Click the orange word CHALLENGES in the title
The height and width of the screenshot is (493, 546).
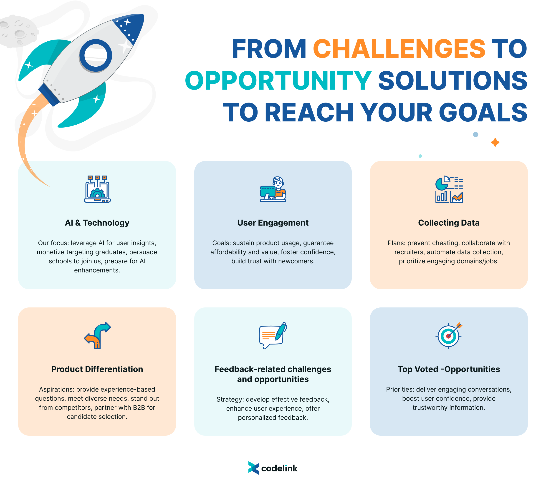(399, 49)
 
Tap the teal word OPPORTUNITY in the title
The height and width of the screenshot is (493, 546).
(278, 81)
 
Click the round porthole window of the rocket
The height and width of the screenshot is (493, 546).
(96, 55)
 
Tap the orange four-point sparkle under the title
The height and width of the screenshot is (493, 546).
(495, 142)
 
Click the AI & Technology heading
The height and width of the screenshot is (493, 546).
(97, 223)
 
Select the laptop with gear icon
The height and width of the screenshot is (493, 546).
(97, 189)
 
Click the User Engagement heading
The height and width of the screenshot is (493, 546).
(273, 223)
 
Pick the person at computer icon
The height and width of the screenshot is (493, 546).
(273, 189)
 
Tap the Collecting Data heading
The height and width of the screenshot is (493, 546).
(449, 223)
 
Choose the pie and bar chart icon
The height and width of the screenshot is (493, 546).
(449, 189)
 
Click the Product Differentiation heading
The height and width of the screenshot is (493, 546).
(97, 369)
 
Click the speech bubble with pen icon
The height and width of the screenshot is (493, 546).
(273, 336)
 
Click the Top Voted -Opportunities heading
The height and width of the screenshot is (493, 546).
(449, 369)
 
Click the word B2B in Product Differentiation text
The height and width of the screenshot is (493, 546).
(139, 408)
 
